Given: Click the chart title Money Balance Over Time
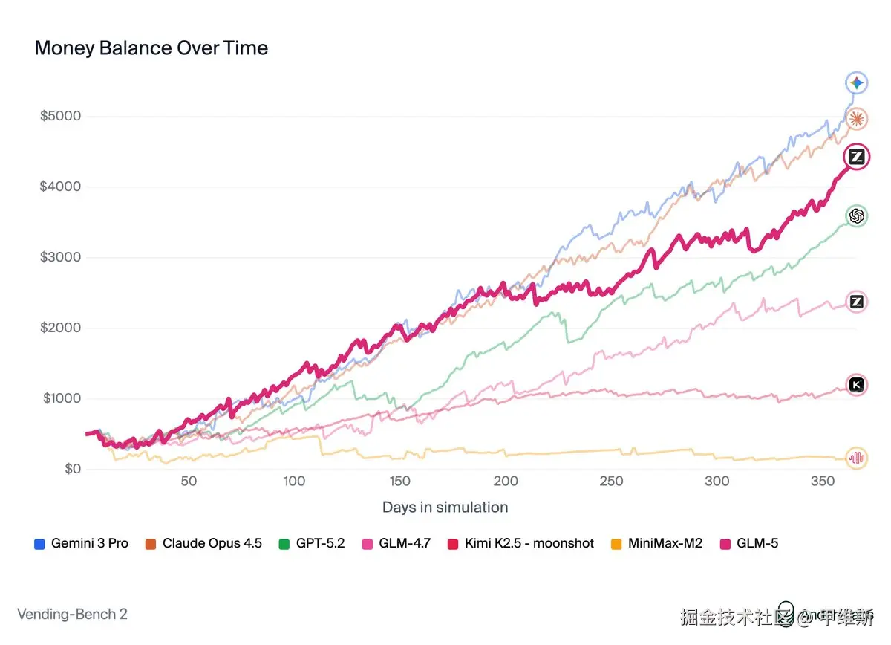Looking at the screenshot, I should coord(151,48).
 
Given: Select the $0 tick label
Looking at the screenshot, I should coord(73,469).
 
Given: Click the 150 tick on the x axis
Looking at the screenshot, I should coord(400,481).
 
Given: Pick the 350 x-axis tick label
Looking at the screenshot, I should coord(823,481).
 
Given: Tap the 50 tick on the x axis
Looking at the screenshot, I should coord(189,481).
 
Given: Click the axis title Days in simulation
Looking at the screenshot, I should coord(445,508).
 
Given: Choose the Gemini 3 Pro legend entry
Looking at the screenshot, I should coord(89,543).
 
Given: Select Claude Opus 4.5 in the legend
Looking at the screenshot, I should coord(212,543).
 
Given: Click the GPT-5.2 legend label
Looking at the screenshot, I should coord(320,543).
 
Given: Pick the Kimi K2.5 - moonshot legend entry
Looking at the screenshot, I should coord(529,543).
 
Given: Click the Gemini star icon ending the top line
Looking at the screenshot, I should coord(856,83).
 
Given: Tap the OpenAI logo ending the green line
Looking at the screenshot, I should coord(856,215).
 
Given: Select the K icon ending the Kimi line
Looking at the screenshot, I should coord(856,384).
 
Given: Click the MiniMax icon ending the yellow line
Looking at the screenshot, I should coord(856,458).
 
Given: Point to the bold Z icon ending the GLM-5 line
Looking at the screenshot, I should coord(856,157).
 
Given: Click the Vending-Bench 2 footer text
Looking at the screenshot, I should coord(72,615).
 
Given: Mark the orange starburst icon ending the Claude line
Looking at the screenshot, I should coord(856,118).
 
